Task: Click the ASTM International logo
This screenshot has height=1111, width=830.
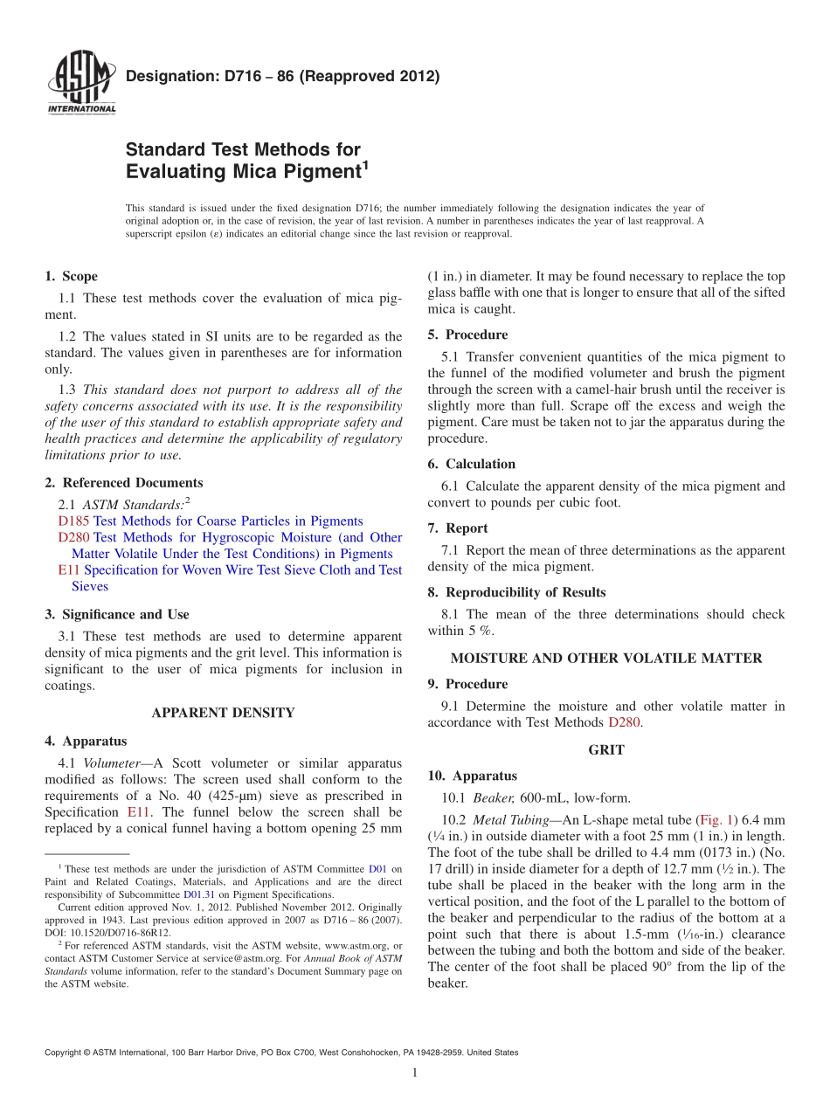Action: (x=80, y=83)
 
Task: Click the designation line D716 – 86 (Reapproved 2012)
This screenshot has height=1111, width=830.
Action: (x=282, y=76)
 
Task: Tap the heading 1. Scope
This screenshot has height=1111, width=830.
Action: (x=72, y=277)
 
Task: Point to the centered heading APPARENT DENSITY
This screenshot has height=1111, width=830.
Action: (x=223, y=713)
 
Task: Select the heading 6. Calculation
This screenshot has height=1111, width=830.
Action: (x=472, y=464)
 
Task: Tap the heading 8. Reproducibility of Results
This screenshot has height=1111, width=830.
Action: (x=516, y=592)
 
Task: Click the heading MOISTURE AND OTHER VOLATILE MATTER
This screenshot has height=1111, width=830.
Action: (x=606, y=659)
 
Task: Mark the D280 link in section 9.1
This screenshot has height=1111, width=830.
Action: (x=624, y=722)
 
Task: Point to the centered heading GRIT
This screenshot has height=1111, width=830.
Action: (x=605, y=749)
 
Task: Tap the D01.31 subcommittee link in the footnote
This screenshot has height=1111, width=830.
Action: (x=197, y=895)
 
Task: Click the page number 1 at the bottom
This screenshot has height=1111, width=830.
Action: (x=415, y=1073)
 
